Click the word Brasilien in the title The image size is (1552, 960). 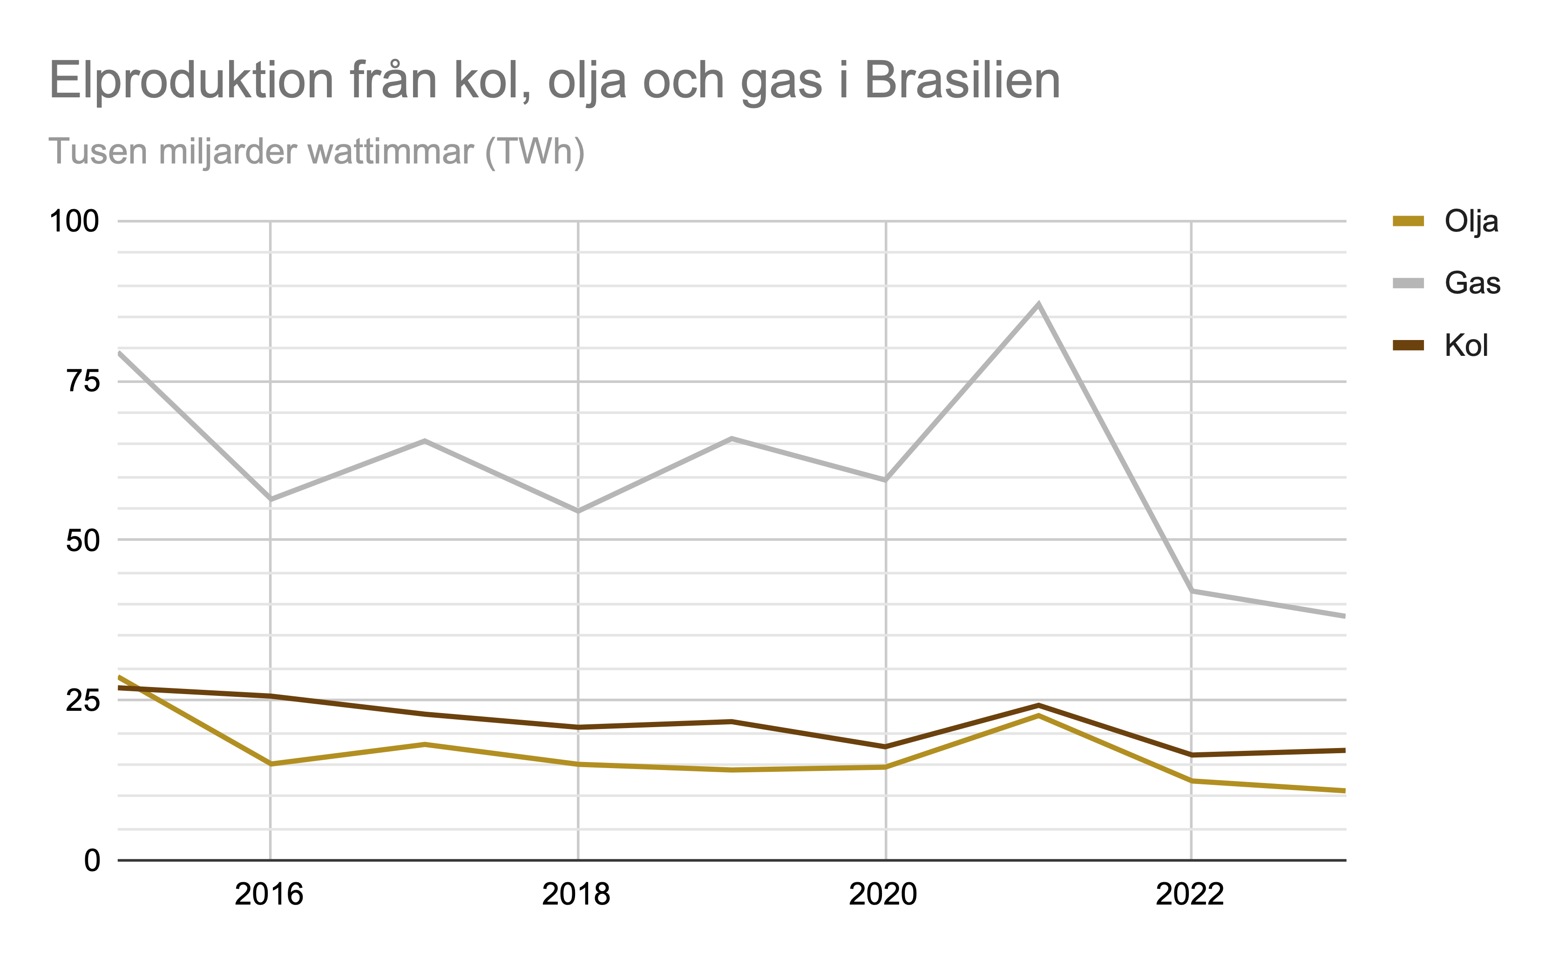[x=962, y=81]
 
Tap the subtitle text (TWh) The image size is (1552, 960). [x=535, y=152]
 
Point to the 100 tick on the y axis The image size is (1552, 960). [x=74, y=222]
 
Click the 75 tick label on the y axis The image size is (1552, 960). [x=83, y=381]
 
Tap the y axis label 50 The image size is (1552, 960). [x=83, y=541]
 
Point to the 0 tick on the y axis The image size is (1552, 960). [x=93, y=861]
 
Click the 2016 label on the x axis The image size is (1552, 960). [x=269, y=895]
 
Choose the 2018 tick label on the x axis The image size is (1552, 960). [x=576, y=895]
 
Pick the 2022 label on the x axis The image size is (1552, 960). [x=1190, y=895]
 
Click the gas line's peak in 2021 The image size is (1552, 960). [x=1038, y=304]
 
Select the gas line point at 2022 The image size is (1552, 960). [x=1192, y=591]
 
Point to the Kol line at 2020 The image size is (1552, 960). [x=885, y=747]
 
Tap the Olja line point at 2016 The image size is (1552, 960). [x=271, y=764]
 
